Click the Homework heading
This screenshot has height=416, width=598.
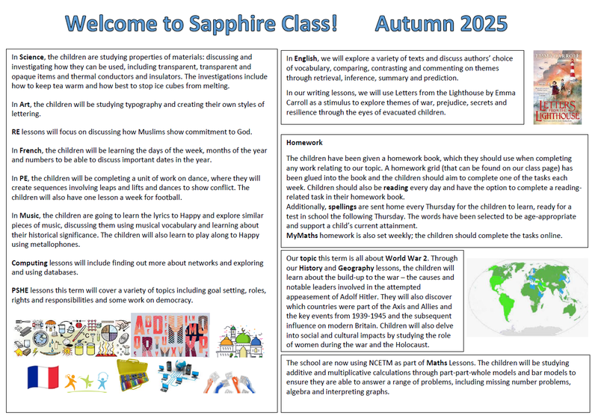304,142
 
